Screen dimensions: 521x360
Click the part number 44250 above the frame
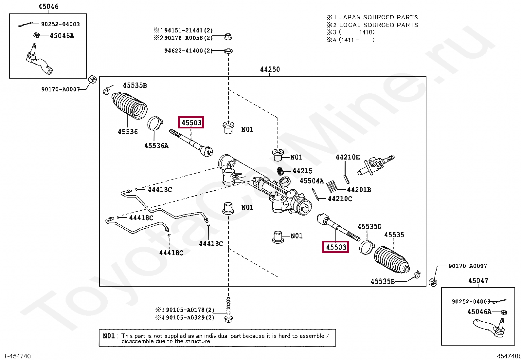click(x=270, y=69)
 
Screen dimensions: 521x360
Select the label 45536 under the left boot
click(x=128, y=132)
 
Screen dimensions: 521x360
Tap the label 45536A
click(x=156, y=146)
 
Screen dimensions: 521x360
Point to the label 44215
click(x=302, y=171)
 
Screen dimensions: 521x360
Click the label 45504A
click(x=312, y=181)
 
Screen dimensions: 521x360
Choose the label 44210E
click(x=348, y=158)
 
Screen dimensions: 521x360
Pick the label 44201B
click(x=359, y=190)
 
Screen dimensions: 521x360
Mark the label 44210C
click(x=340, y=199)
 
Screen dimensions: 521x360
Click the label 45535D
click(x=369, y=226)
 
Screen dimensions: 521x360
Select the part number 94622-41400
click(x=184, y=51)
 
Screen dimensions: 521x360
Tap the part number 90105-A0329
click(x=186, y=318)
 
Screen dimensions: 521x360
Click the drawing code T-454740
click(x=17, y=356)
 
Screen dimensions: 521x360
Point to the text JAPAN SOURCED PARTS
click(x=379, y=17)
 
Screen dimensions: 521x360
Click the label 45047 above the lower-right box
click(x=478, y=281)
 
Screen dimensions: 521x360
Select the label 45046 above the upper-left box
click(x=48, y=7)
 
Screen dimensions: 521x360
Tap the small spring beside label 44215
click(x=281, y=171)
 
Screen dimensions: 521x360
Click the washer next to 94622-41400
click(x=228, y=51)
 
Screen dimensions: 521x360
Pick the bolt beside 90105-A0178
click(x=228, y=310)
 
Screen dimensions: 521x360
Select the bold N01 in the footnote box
click(x=109, y=336)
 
